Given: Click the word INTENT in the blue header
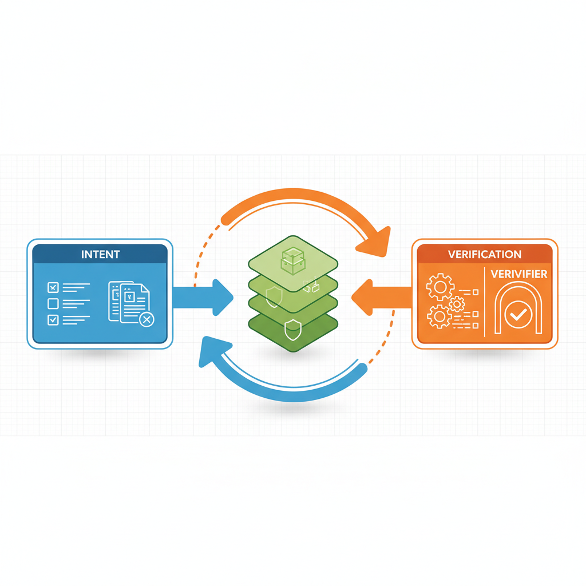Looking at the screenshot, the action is pos(101,255).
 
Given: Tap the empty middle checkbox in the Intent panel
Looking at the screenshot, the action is pos(53,303).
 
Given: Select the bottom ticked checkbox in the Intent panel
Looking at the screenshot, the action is pos(53,320).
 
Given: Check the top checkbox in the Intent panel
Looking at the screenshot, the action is pos(53,287).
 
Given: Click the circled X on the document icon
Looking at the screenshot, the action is pos(146,319).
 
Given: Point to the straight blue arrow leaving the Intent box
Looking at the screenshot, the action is pos(203,298).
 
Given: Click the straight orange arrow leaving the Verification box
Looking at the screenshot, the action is pos(382,298).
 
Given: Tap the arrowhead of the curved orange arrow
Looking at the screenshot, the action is pos(375,242).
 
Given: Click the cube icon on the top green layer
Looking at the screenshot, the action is pos(294,260).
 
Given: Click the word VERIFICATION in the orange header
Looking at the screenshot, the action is pos(485,255).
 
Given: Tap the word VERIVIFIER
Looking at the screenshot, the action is pos(518,274).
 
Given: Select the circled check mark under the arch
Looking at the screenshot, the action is pos(518,315).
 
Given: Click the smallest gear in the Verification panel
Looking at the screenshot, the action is pos(457,304).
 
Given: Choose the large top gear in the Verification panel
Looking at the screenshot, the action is pos(440,287).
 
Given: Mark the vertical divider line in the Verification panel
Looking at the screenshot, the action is pos(485,302).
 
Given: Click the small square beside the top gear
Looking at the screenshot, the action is pos(476,292).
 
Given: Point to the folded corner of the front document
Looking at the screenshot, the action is pos(145,288).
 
